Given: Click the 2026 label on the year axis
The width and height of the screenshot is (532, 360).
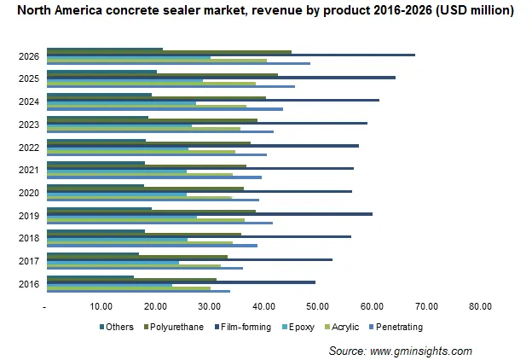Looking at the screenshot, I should (x=26, y=57).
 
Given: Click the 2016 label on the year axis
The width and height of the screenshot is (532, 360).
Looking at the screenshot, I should (x=26, y=283).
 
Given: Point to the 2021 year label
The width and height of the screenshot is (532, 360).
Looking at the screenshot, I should (x=26, y=170).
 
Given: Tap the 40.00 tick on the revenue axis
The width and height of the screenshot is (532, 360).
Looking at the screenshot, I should (x=263, y=306).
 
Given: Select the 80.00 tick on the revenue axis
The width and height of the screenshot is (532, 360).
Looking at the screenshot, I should (x=480, y=306).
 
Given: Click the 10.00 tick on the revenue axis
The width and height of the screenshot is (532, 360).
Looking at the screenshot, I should (x=101, y=306).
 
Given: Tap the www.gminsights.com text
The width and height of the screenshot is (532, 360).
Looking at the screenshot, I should (x=424, y=351).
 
